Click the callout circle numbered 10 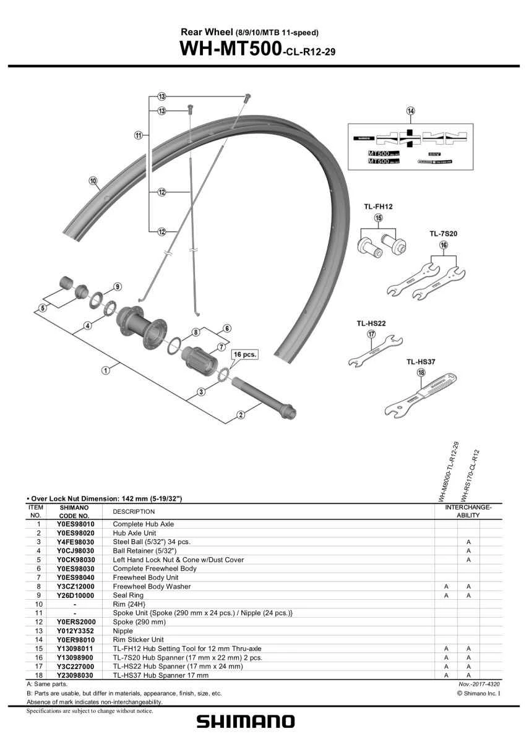93,181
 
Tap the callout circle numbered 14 410,111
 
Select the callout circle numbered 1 106,370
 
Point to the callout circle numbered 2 241,415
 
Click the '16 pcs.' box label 244,355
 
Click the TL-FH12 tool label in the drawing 379,207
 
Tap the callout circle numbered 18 421,373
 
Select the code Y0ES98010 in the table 75,524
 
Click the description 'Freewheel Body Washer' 152,586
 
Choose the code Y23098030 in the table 75,675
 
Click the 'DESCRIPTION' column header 134,511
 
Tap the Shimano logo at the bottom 246,722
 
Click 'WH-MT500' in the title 228,49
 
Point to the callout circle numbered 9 117,287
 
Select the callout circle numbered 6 227,328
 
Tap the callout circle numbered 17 371,334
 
